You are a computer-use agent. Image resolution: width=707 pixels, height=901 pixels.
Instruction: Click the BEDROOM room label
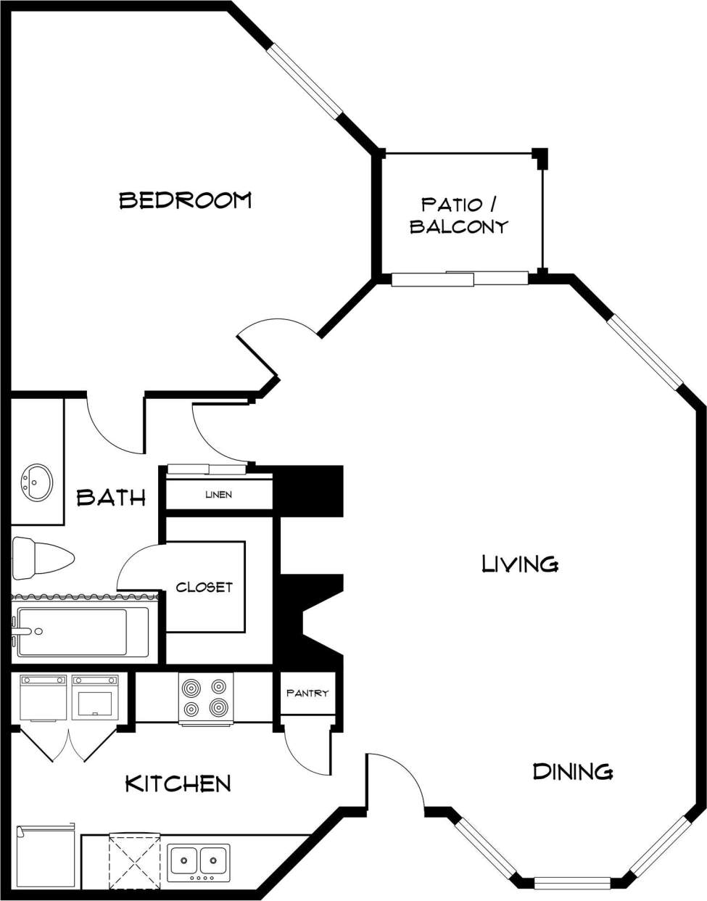tap(185, 199)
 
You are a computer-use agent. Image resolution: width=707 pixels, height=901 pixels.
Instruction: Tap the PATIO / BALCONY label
tap(459, 215)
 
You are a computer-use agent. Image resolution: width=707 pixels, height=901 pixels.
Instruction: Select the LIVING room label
tap(520, 564)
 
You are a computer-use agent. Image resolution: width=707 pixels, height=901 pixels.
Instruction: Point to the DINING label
tap(573, 771)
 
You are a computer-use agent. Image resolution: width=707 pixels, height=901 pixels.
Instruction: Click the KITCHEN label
tap(178, 783)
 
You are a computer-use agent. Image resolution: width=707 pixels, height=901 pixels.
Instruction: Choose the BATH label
tap(111, 498)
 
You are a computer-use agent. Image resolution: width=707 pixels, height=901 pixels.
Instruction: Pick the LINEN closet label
tap(218, 495)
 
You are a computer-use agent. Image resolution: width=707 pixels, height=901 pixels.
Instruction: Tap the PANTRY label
tap(307, 693)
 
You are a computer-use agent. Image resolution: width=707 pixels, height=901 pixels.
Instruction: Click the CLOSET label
tap(204, 587)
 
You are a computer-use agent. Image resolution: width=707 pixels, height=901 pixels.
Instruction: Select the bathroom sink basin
tap(36, 482)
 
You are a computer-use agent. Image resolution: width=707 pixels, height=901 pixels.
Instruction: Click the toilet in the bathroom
tap(42, 559)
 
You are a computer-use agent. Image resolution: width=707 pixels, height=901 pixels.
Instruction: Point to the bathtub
tap(81, 631)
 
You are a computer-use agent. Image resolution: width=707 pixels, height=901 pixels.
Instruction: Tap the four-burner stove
tap(206, 697)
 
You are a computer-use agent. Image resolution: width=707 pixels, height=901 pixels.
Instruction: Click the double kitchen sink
tap(199, 861)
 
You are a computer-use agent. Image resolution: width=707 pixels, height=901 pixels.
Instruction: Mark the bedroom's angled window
tap(305, 80)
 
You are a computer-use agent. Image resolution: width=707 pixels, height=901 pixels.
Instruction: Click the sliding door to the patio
tap(460, 279)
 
